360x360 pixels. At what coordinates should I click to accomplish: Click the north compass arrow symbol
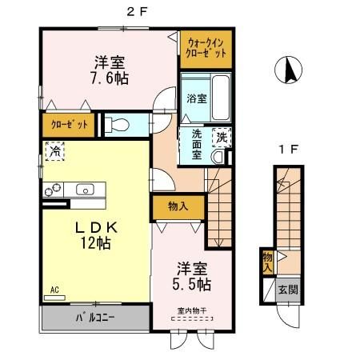(x=290, y=71)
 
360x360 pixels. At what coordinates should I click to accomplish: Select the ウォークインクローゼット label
(x=206, y=46)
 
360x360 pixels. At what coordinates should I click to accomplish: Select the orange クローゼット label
(x=69, y=125)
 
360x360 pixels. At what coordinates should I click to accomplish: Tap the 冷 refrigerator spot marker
(x=55, y=150)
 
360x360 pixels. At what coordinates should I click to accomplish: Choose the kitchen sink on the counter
(x=84, y=190)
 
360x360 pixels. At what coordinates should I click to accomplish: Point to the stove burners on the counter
(x=54, y=190)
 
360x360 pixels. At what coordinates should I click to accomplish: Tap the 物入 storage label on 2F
(x=178, y=206)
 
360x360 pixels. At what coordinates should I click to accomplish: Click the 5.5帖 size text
(x=192, y=284)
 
